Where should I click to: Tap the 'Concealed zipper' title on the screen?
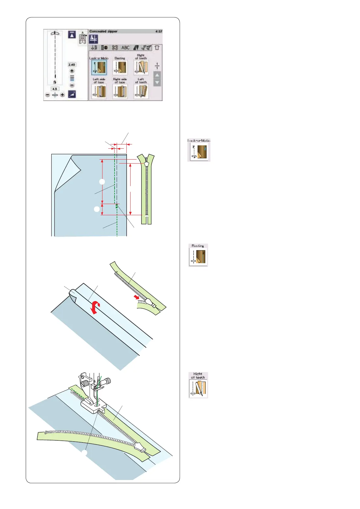pos(103,31)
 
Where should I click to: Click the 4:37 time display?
pos(159,31)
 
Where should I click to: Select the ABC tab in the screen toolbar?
pos(125,48)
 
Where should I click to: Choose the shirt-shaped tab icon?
pos(157,48)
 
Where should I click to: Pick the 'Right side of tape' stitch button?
pos(120,91)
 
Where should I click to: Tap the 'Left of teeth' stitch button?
pos(141,91)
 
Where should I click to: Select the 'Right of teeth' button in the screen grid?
pos(141,67)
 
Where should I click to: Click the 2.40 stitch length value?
pos(72,65)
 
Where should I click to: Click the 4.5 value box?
pos(55,89)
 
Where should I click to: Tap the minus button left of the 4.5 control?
pos(48,95)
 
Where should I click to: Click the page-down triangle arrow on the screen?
pos(157,82)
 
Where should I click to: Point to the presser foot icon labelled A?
pos(83,38)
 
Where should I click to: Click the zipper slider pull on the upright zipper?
pos(147,164)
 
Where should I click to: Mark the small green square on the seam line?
pos(116,207)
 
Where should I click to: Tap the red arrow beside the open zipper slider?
pos(137,298)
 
